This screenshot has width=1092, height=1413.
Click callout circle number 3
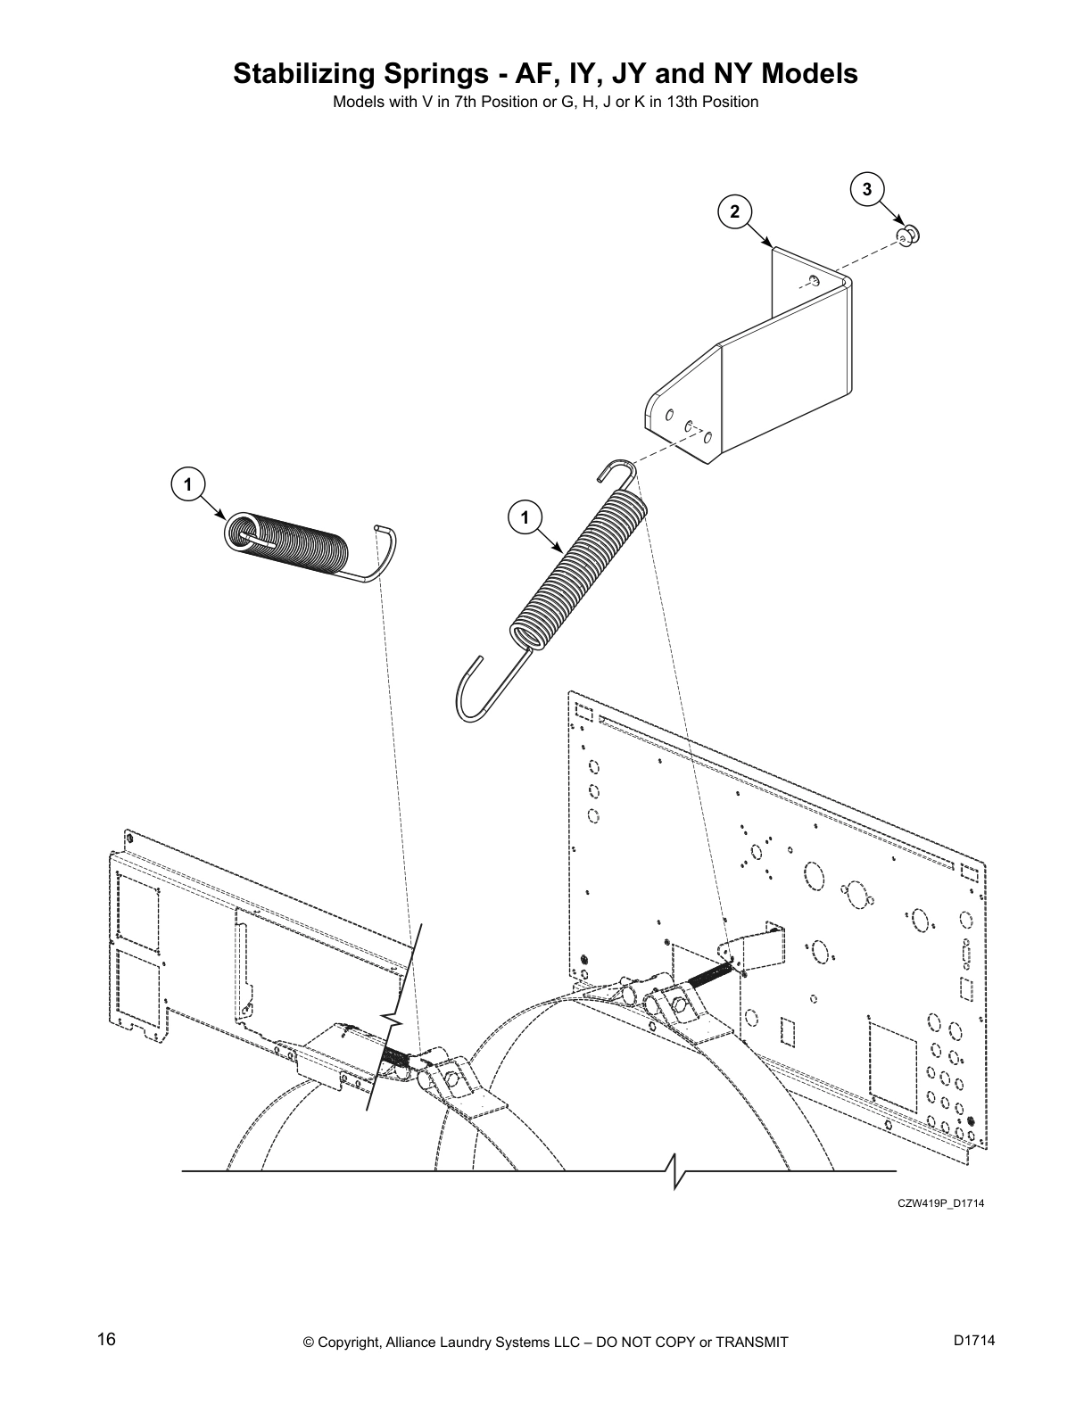tap(866, 189)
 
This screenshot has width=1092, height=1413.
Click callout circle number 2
tap(734, 211)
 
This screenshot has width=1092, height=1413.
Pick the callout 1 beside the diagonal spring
tap(525, 517)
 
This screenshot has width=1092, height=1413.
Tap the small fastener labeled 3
tap(908, 235)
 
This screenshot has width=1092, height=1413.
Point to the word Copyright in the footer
tap(352, 1342)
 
